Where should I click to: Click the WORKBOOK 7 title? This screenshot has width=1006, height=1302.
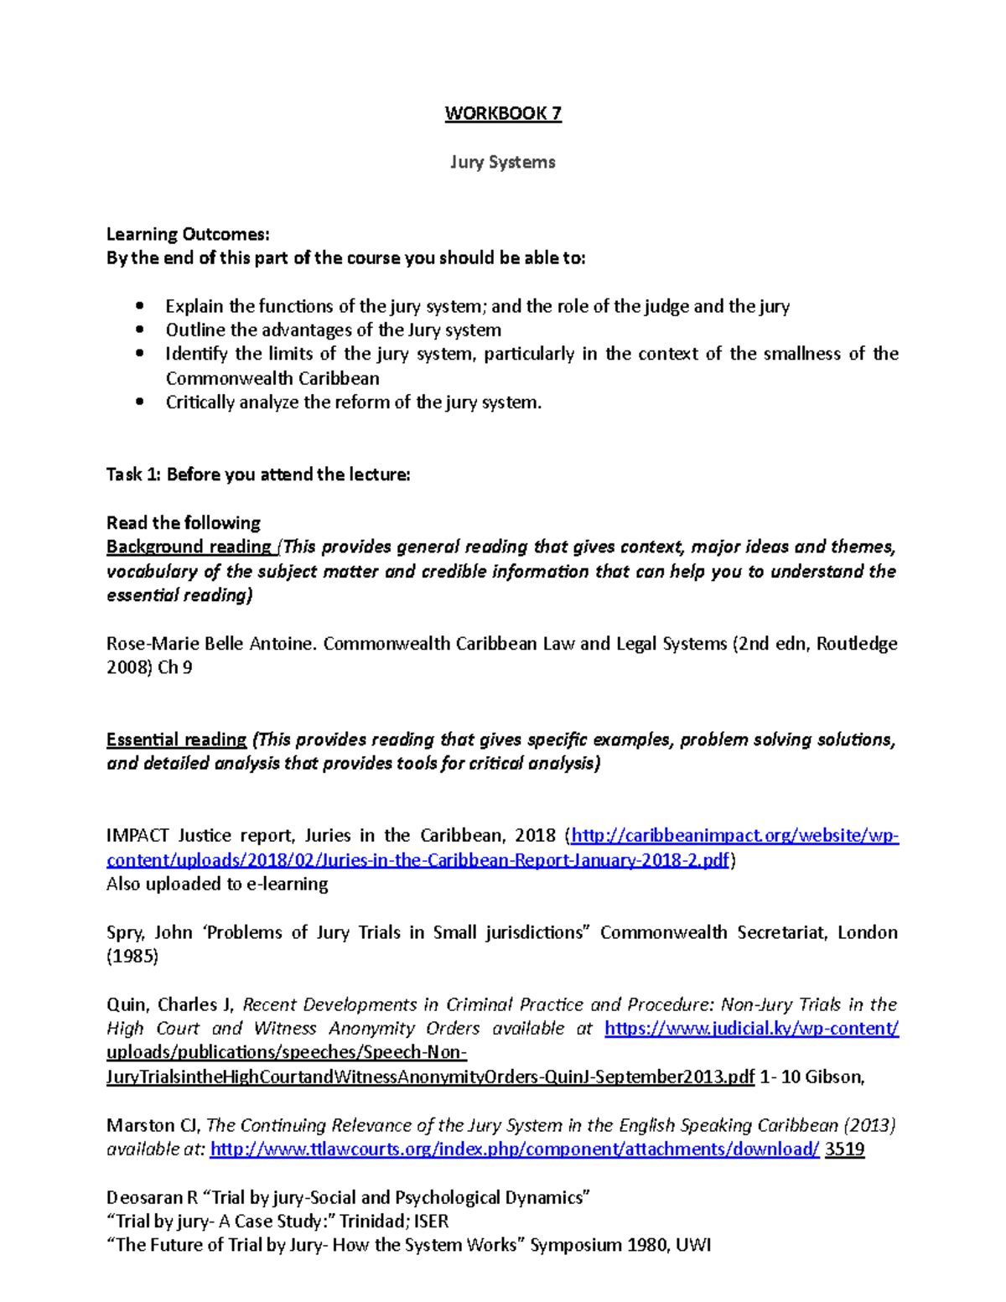[x=503, y=114]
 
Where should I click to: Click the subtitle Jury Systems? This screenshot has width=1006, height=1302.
[x=503, y=162]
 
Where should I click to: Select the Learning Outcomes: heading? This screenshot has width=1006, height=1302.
[x=188, y=234]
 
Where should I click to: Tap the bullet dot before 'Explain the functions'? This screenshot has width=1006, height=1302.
[x=140, y=306]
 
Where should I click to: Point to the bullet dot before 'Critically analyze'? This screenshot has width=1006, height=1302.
[x=140, y=402]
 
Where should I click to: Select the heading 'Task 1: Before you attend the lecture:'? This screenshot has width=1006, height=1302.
[x=258, y=475]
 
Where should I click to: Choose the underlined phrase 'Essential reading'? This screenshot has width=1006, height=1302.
[x=176, y=739]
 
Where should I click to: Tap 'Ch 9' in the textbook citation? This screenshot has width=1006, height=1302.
[x=175, y=667]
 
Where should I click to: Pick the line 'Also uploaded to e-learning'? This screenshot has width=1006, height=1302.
[x=217, y=884]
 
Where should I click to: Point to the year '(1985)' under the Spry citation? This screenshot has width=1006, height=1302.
[x=132, y=956]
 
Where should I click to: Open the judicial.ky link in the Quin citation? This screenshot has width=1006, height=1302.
[x=751, y=1029]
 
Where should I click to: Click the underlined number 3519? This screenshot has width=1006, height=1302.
[x=844, y=1149]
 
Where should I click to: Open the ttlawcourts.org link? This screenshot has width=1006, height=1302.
[x=514, y=1149]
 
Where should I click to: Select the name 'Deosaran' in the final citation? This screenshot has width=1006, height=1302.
[x=144, y=1197]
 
